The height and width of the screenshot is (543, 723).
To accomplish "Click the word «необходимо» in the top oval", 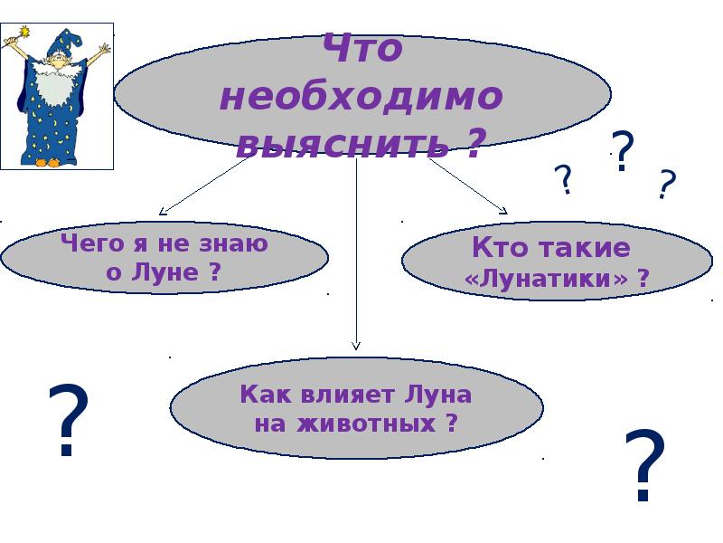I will click(x=361, y=96).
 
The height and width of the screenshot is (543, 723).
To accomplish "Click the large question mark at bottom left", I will click(x=69, y=421).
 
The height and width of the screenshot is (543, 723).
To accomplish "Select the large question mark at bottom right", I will click(x=645, y=466).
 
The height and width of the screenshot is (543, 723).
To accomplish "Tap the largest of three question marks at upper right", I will click(x=623, y=151).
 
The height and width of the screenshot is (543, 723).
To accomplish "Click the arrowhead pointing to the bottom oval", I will click(x=356, y=345).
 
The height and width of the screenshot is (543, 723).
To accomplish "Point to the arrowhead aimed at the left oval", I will click(x=164, y=211).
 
